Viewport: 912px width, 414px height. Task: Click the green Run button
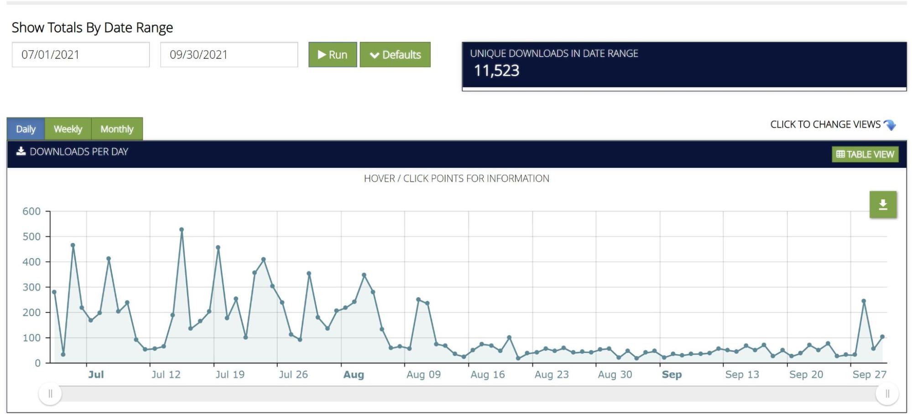click(x=333, y=55)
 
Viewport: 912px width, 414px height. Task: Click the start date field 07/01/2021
click(x=81, y=55)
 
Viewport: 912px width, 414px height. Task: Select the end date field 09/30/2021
click(x=229, y=55)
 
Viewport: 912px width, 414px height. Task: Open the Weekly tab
click(x=68, y=129)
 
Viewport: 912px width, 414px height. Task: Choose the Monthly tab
click(x=117, y=129)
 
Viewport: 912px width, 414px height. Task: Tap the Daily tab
click(x=26, y=129)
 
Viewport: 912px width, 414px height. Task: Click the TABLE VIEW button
click(x=865, y=154)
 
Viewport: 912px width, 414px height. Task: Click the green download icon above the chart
click(x=883, y=205)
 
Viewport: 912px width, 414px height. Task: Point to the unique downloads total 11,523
click(x=496, y=71)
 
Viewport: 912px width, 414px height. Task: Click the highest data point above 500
click(x=182, y=230)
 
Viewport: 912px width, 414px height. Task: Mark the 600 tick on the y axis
click(x=31, y=211)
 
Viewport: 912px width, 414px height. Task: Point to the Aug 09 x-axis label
click(x=423, y=375)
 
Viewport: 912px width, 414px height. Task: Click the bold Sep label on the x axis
click(x=672, y=375)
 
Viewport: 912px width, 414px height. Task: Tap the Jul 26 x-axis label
click(x=293, y=375)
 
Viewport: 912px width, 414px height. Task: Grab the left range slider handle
click(x=50, y=393)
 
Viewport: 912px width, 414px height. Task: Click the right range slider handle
click(x=887, y=393)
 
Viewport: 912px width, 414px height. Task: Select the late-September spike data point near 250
click(x=864, y=301)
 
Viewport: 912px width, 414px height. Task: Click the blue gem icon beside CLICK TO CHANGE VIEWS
click(x=890, y=125)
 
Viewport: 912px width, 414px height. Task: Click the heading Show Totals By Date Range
click(x=92, y=28)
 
